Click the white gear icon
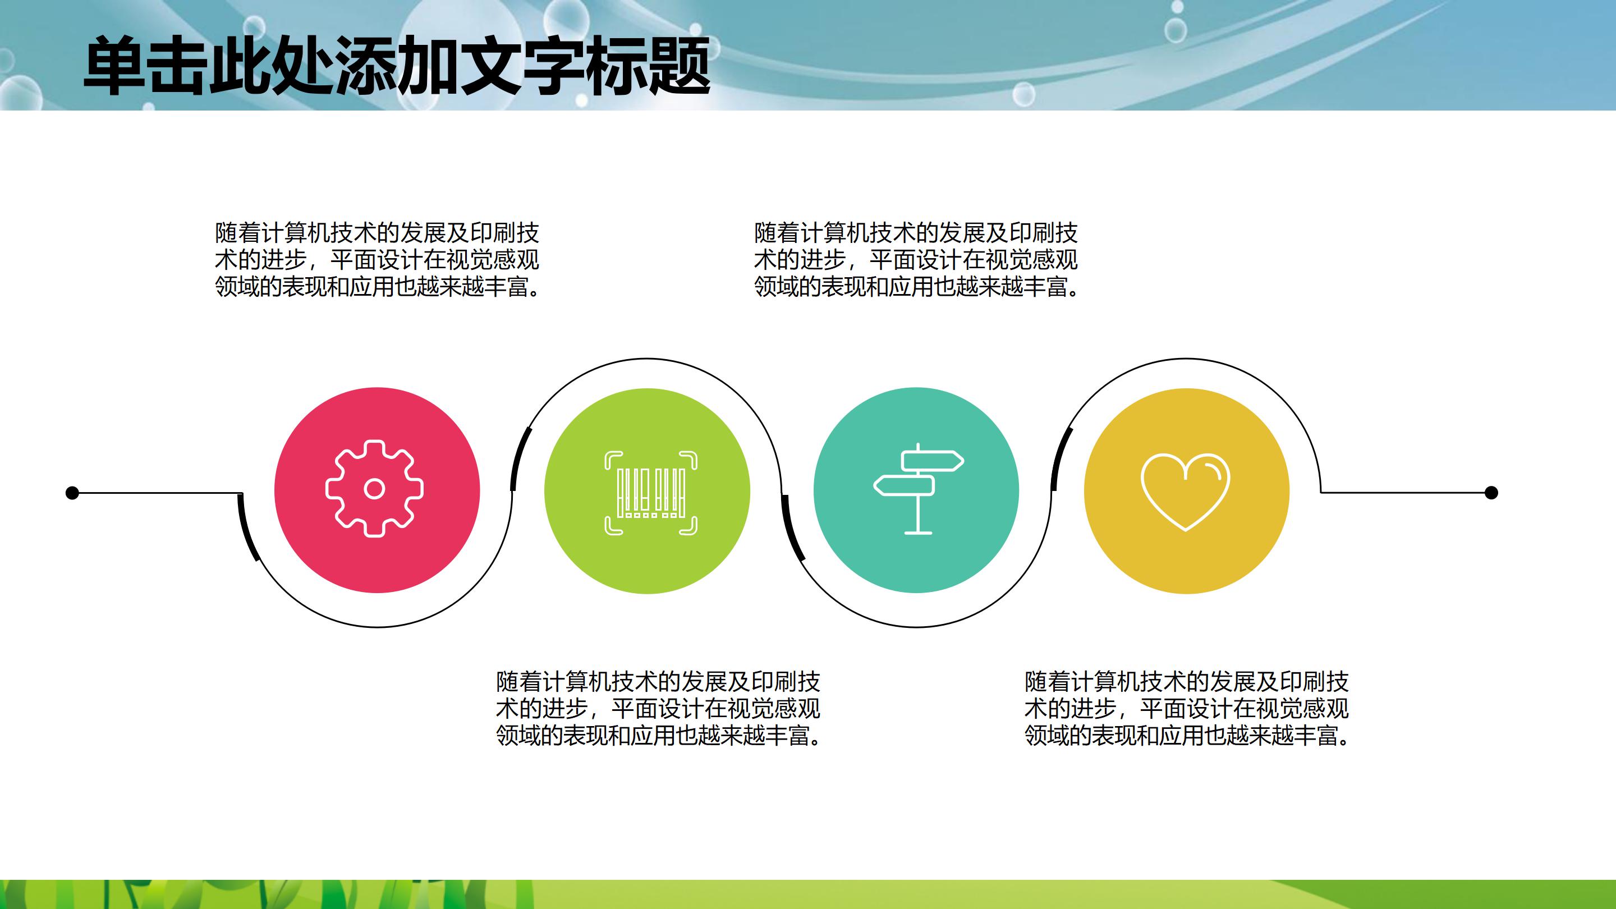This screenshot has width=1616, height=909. tap(374, 489)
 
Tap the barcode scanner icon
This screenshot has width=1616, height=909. tap(650, 493)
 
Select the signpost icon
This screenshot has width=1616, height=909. tap(919, 489)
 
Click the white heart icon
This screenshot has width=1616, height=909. tap(1185, 491)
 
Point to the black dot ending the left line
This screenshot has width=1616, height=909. tap(72, 493)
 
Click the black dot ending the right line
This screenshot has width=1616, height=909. tap(1492, 493)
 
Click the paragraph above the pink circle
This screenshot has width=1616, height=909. tap(377, 260)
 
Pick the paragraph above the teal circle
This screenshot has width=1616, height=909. tap(916, 260)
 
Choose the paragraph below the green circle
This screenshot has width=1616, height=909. tap(658, 708)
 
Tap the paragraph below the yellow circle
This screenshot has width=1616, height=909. tap(1186, 708)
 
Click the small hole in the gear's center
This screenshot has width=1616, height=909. tap(374, 489)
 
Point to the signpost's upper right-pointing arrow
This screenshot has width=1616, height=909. tap(932, 462)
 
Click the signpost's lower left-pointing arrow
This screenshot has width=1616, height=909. tap(905, 485)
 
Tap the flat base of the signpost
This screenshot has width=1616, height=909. tap(919, 532)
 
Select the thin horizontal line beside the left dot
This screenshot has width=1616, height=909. tap(157, 493)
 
